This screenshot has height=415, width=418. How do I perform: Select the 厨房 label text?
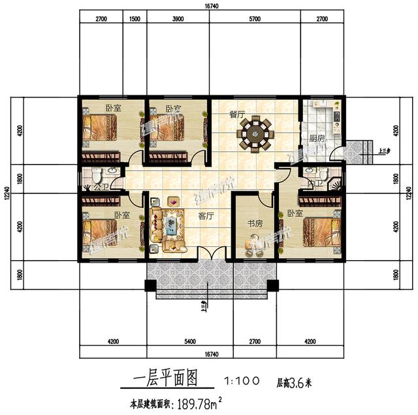[x=317, y=138]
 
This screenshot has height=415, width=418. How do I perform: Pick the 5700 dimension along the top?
[x=255, y=20]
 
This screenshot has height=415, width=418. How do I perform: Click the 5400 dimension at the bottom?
[x=188, y=340]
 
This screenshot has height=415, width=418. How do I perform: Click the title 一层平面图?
[x=160, y=380]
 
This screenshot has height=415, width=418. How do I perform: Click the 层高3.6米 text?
[x=295, y=380]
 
